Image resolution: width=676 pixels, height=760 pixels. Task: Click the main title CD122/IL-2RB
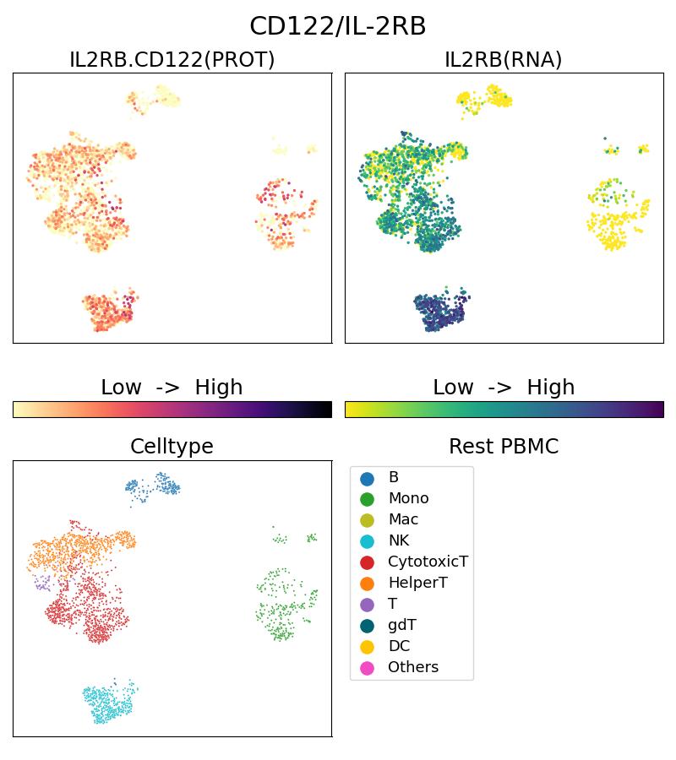pos(338,26)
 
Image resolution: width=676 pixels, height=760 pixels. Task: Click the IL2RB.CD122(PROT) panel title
pos(172,60)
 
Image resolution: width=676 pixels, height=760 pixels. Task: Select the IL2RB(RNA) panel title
pos(504,60)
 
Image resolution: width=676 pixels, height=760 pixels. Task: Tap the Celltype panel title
pos(172,447)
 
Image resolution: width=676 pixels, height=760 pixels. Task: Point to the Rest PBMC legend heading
pos(504,447)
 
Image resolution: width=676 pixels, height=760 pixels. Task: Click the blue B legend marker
pos(367,478)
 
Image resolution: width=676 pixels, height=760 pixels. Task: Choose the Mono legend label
pos(408,498)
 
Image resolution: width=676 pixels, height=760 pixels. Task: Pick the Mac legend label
pos(403,519)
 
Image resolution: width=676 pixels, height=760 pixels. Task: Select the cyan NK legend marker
pos(367,540)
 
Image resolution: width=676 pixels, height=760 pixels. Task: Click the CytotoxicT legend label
pos(428,562)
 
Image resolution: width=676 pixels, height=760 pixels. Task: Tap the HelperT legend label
pos(417,583)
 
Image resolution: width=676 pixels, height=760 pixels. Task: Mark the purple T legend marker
pos(367,604)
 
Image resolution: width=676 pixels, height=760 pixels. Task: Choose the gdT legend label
pos(402,625)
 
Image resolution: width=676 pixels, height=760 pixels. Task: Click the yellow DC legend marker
pos(367,646)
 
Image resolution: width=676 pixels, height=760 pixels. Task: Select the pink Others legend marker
pos(367,667)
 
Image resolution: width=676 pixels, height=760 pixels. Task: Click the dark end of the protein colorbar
pos(326,410)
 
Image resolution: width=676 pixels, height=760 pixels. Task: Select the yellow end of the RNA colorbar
pos(351,410)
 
